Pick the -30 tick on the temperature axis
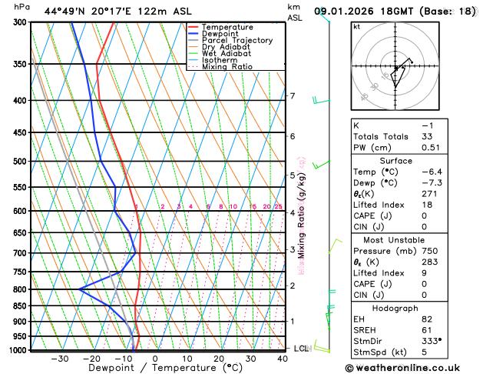click(x=59, y=359)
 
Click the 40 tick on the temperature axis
click(x=283, y=359)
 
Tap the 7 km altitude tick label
click(x=292, y=96)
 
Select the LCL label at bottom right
click(x=301, y=349)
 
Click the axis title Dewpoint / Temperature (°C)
click(x=154, y=369)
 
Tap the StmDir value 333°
click(x=432, y=340)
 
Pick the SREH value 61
click(x=427, y=329)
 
